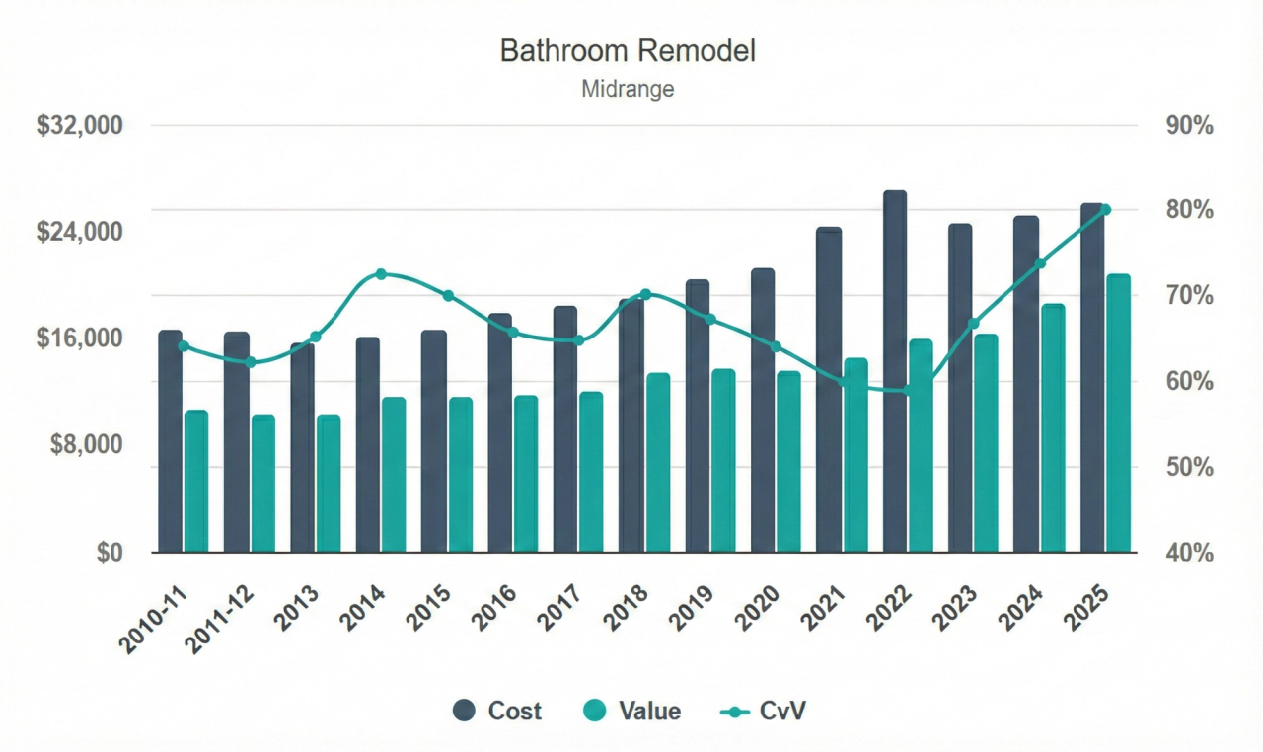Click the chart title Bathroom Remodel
(x=628, y=51)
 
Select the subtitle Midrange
(x=628, y=89)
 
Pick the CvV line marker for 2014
(x=381, y=274)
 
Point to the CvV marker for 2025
(x=1105, y=210)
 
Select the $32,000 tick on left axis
(x=79, y=126)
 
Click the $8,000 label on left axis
(x=85, y=445)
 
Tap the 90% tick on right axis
(x=1189, y=126)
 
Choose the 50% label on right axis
(x=1189, y=467)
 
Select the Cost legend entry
(x=497, y=711)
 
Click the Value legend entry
(x=631, y=711)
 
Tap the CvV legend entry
(x=765, y=711)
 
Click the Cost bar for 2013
(x=302, y=449)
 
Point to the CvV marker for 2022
(x=908, y=391)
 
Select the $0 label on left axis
(x=110, y=553)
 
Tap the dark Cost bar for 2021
(x=829, y=390)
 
